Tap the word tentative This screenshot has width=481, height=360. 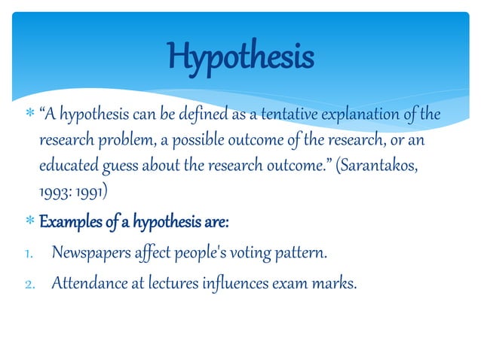(286, 114)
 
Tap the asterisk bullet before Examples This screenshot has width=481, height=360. (29, 224)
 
